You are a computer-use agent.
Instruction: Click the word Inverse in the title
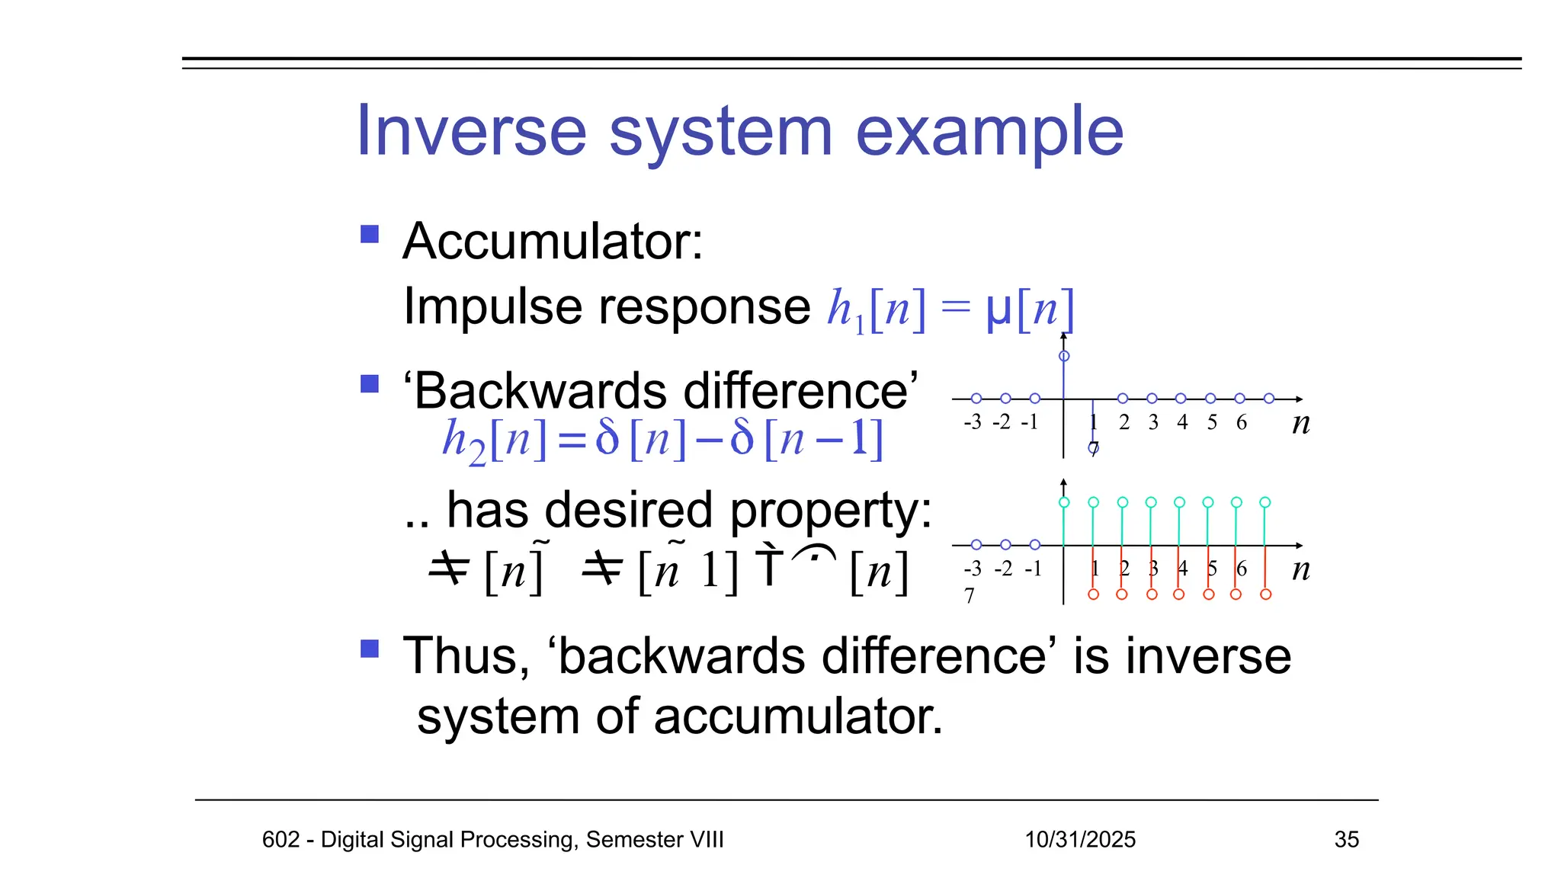[471, 131]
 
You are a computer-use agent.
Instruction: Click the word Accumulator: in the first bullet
[553, 242]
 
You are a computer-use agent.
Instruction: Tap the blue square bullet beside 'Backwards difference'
[370, 383]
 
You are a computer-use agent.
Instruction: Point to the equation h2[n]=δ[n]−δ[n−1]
[662, 440]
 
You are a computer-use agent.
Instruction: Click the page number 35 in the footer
[1346, 839]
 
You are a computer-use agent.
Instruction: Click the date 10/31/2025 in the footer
[1079, 839]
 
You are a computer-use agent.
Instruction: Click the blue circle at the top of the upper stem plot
[1064, 356]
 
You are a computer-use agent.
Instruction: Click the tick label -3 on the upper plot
[973, 422]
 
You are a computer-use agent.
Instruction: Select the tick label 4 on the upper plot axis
[1182, 422]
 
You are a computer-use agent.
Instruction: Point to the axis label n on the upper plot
[1301, 423]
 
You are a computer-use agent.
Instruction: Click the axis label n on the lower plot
[1301, 569]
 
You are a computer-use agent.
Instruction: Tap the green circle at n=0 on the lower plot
[1064, 502]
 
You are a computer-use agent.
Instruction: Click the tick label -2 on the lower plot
[1003, 569]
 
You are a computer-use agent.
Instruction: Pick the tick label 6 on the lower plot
[1242, 569]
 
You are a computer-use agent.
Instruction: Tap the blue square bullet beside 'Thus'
[370, 649]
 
